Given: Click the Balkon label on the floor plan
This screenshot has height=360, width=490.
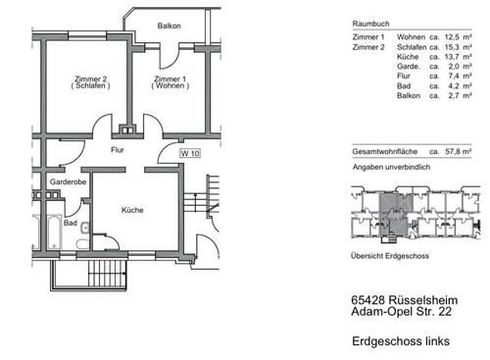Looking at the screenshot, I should (169, 26).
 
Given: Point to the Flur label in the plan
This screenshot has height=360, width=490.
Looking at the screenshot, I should (118, 151).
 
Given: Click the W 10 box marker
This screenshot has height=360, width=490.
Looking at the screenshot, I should (189, 153).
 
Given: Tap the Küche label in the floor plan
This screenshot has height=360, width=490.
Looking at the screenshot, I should (133, 210).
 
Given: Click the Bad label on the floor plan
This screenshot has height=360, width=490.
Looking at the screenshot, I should (71, 223).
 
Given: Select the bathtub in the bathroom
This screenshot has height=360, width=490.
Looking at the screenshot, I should (46, 232).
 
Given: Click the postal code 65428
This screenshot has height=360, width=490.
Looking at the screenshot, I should (369, 302).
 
